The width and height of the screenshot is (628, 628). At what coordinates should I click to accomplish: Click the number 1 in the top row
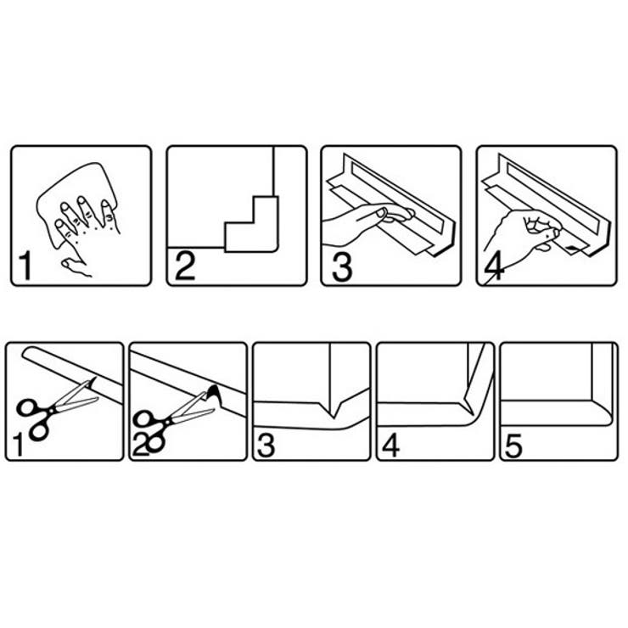[x=25, y=266]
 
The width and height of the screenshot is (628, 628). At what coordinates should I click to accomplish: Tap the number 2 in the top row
[x=185, y=265]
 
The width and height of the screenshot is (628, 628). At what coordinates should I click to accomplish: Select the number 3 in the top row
[x=342, y=266]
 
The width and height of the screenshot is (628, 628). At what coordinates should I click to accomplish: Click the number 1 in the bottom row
[x=18, y=445]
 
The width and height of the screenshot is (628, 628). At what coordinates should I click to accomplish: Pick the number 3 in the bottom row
[x=266, y=446]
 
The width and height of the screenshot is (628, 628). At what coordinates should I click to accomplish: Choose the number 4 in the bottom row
[x=390, y=446]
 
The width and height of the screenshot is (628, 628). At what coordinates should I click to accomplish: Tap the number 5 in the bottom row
[x=513, y=446]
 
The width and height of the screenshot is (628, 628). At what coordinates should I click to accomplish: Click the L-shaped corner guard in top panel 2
[x=251, y=224]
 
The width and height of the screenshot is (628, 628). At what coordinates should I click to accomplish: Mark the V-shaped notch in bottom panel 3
[x=334, y=408]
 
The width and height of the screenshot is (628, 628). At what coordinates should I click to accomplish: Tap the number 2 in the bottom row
[x=141, y=445]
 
